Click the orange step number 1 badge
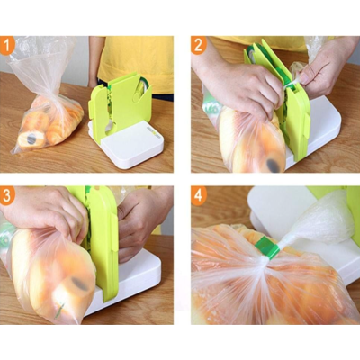click(x=7, y=45)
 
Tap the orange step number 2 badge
click(x=199, y=45)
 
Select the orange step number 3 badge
click(x=7, y=195)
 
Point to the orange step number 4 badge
click(x=199, y=195)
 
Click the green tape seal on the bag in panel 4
click(x=267, y=247)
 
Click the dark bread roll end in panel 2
click(x=274, y=166)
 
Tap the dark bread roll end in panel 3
click(x=79, y=283)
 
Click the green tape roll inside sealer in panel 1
click(x=141, y=88)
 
